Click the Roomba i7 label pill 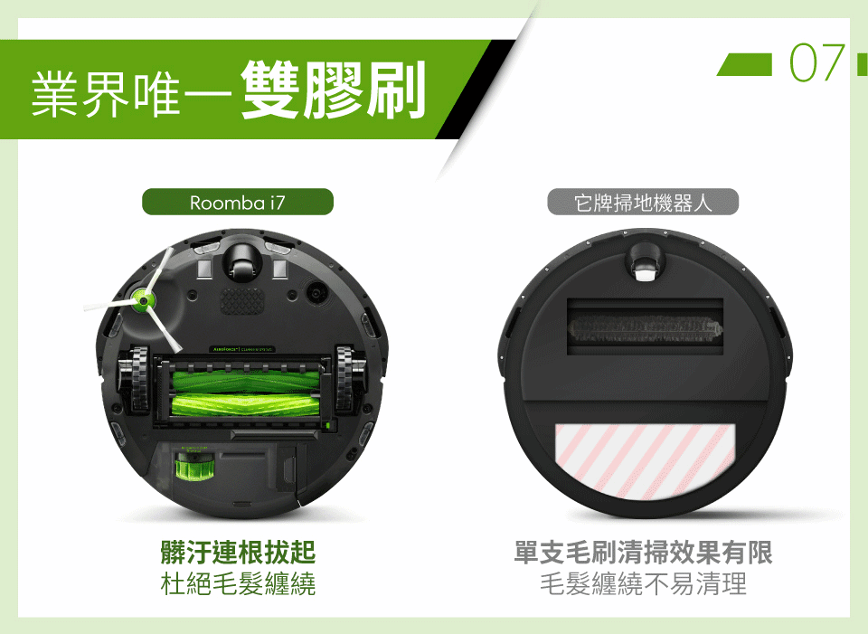[238, 202]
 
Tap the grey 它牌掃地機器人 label [643, 202]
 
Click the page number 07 [817, 63]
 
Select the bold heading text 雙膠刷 [334, 90]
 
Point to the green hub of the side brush [143, 300]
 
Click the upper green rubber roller [246, 382]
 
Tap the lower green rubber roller [246, 406]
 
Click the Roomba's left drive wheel [135, 380]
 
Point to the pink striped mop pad [646, 459]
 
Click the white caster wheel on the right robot [645, 272]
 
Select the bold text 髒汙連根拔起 [238, 552]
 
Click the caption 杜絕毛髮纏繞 [238, 583]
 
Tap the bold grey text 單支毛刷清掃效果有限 [643, 552]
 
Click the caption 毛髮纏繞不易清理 [643, 583]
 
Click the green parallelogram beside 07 [744, 64]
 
